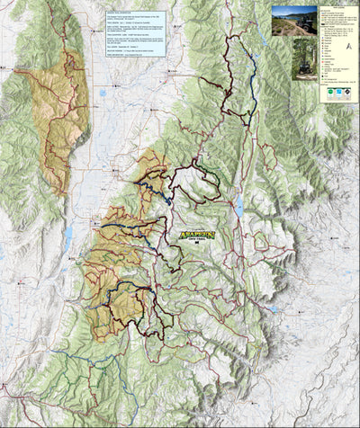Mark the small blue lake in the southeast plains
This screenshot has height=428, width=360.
click(273, 308)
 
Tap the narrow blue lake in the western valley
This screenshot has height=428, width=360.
click(68, 237)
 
